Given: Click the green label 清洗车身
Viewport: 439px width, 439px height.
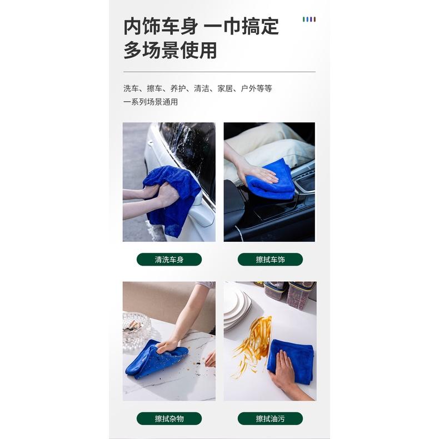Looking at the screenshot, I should (169, 260).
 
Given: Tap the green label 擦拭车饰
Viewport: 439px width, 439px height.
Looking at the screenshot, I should (270, 260).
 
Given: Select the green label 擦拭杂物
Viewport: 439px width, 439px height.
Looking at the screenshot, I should (169, 418).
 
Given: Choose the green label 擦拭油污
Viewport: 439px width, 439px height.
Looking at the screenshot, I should (270, 418).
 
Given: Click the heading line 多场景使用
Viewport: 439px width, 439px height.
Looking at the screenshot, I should (170, 51).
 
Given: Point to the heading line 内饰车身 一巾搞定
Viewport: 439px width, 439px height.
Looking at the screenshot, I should (201, 26).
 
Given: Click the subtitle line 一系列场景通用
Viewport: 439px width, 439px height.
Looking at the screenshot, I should (151, 102).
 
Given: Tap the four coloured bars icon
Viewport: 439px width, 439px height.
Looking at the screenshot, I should (309, 19).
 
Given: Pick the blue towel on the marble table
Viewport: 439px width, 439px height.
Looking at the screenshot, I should (150, 358).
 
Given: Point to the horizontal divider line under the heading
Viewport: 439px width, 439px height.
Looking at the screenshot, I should (219, 72).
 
